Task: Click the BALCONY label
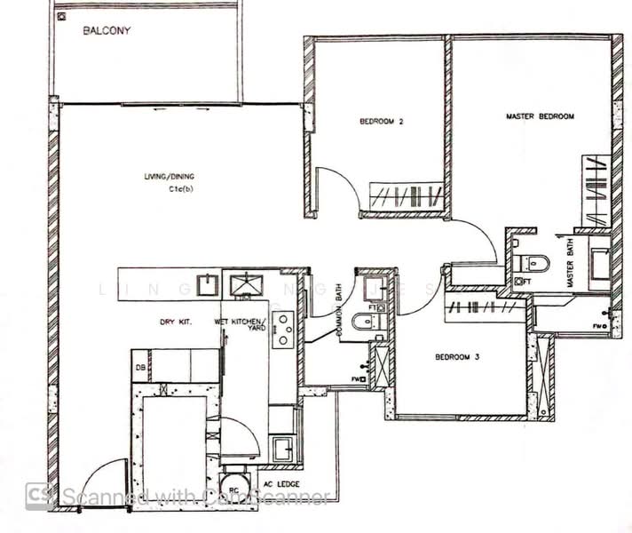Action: point(107,31)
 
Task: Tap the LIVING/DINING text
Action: point(170,177)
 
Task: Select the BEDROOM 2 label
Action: point(382,122)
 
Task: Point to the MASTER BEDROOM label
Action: point(540,116)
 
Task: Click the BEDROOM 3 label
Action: point(457,357)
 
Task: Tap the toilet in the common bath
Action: point(361,321)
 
